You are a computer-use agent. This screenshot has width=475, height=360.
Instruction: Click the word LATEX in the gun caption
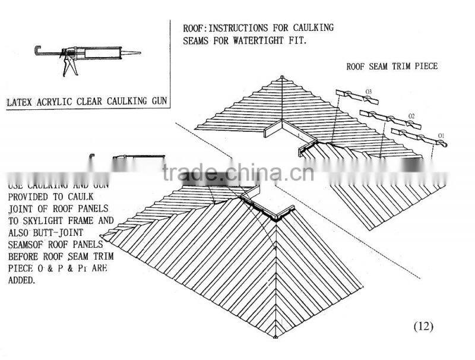tap(20, 102)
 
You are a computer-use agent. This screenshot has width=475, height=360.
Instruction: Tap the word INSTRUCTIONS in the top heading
tap(243, 28)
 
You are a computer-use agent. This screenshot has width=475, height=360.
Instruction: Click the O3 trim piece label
tap(368, 91)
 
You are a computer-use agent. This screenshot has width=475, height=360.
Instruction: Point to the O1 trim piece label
tap(441, 137)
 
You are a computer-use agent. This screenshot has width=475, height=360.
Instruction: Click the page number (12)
tap(423, 326)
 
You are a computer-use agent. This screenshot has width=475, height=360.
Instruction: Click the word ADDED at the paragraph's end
tap(22, 280)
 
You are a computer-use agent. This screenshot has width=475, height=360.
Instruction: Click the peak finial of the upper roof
tap(280, 77)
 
